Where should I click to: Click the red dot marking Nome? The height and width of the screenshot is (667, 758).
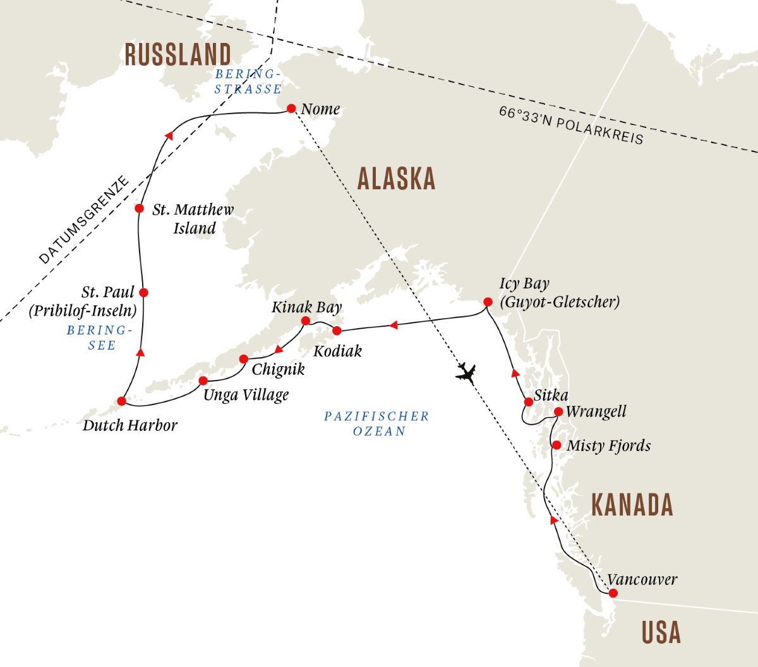(x=291, y=109)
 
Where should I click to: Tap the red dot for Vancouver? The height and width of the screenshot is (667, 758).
(x=613, y=593)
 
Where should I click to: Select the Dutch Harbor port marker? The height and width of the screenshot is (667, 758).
(x=122, y=401)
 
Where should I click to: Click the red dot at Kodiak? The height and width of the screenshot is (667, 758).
(x=337, y=331)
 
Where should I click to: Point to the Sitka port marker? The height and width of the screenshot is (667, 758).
(x=529, y=402)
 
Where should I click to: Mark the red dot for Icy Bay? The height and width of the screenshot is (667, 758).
(x=488, y=302)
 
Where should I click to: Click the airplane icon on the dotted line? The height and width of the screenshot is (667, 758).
(x=466, y=373)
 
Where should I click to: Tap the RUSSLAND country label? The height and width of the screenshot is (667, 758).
(x=177, y=55)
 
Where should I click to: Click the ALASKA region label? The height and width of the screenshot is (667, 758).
(x=396, y=179)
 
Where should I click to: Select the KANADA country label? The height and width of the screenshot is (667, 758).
(x=632, y=505)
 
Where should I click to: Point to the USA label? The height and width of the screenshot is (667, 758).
(x=661, y=632)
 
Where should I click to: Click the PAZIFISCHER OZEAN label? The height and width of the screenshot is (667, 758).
(x=378, y=424)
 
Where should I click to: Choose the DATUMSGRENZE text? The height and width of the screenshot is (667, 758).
(x=83, y=220)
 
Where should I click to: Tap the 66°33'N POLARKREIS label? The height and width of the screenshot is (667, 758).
(x=570, y=125)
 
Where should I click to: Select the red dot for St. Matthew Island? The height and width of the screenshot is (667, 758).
(x=140, y=208)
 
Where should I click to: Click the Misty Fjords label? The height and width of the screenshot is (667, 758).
(x=608, y=446)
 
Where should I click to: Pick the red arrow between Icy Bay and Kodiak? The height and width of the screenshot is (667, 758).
(x=393, y=325)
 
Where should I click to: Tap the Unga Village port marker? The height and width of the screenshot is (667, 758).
(x=203, y=381)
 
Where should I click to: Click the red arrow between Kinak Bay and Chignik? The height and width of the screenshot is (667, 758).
(x=279, y=349)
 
